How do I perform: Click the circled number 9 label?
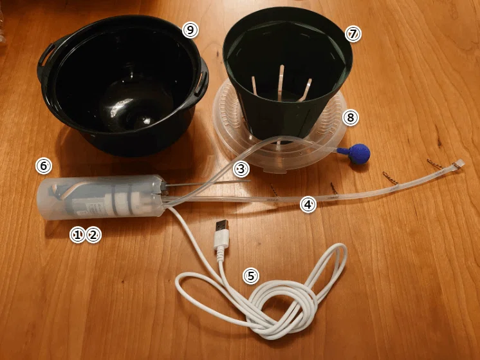point(190,30)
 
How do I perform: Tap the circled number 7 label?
point(353,34)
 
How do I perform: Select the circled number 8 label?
point(350,117)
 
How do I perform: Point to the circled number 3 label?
point(241,169)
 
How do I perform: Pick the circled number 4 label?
point(308,204)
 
